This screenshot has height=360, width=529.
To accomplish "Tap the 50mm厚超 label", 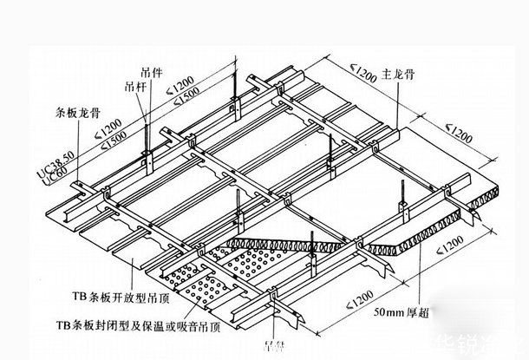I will (402, 309).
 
